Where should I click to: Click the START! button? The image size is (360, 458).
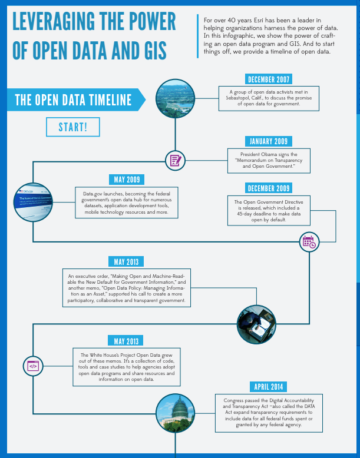(x=73, y=127)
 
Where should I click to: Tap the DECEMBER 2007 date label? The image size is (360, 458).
(x=269, y=79)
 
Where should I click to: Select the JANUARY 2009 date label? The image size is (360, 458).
(x=269, y=141)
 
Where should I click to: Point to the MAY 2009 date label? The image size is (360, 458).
(x=127, y=180)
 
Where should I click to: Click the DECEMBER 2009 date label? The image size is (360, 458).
(x=269, y=188)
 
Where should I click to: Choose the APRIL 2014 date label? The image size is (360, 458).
(x=269, y=387)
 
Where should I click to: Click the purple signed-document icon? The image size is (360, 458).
(x=175, y=161)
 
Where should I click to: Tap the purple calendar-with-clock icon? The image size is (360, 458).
(x=309, y=242)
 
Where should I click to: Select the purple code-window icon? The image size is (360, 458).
(x=33, y=366)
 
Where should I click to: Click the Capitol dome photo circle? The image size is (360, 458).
(x=175, y=413)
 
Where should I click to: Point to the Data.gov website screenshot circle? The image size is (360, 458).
(x=33, y=202)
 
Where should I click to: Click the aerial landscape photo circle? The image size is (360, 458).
(x=175, y=98)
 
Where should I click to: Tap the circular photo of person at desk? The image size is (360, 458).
(x=256, y=324)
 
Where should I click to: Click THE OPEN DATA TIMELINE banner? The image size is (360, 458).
(x=76, y=100)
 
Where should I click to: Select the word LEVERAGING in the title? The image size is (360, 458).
(x=54, y=22)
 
